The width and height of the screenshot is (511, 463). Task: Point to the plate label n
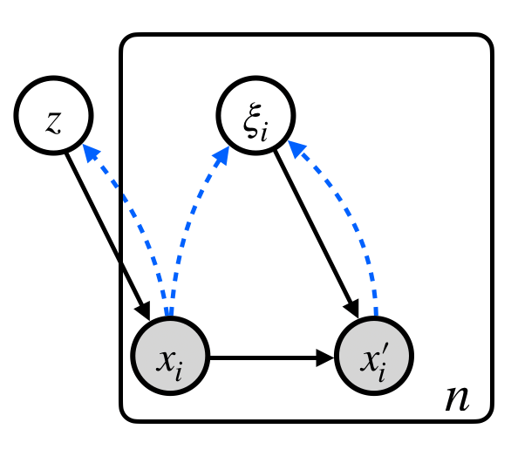click(457, 398)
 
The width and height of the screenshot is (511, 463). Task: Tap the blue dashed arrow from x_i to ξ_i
click(188, 227)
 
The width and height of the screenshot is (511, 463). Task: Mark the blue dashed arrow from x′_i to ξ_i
click(358, 218)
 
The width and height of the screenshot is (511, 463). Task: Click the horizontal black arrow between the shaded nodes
click(270, 357)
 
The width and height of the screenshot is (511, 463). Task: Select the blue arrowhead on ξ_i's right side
click(296, 150)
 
